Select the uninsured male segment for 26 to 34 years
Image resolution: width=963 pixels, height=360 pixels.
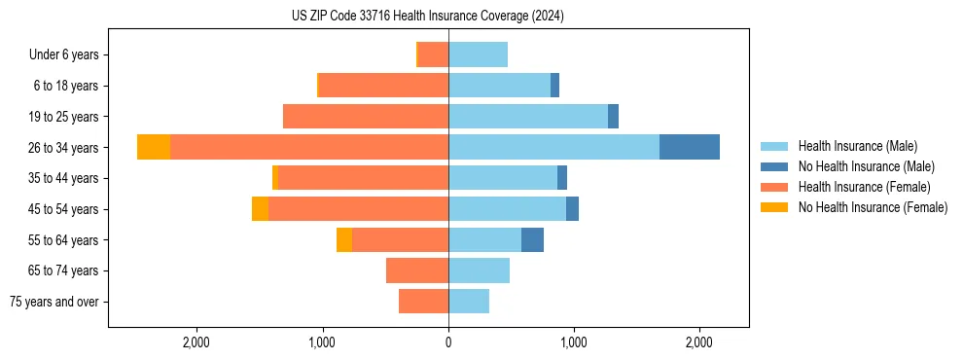(x=689, y=147)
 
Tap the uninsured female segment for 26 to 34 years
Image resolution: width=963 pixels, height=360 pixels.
(x=154, y=147)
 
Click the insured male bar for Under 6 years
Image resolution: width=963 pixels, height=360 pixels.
(x=478, y=54)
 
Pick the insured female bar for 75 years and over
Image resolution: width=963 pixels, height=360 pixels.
(x=423, y=302)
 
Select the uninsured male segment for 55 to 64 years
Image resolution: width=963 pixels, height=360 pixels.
(x=532, y=239)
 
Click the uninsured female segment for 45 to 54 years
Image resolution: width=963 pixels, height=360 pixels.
(x=260, y=209)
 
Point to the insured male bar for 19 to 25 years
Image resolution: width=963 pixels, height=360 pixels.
(x=528, y=117)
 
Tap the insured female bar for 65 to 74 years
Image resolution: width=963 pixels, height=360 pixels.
(x=417, y=270)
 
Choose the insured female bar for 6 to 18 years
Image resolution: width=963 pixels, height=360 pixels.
(x=383, y=86)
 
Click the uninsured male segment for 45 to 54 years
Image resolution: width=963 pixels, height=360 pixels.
(x=572, y=209)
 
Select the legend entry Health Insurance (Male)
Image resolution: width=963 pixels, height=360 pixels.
(x=857, y=146)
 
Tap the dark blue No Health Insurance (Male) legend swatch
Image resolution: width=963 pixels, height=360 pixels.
(x=774, y=166)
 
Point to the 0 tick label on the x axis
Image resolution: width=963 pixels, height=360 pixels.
(x=448, y=342)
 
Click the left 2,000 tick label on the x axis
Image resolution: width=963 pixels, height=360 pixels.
(x=196, y=342)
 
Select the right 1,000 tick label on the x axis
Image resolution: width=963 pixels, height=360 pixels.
(x=574, y=342)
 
